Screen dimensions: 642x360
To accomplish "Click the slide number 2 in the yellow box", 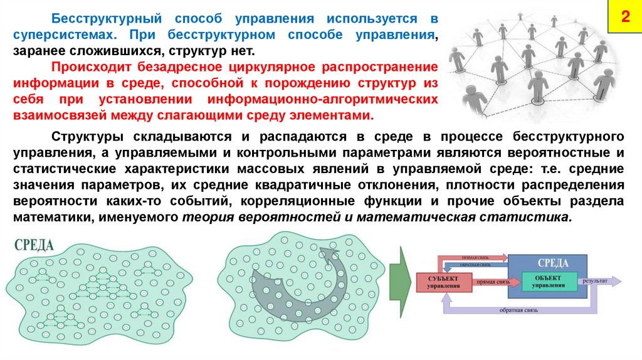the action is coord(624,18).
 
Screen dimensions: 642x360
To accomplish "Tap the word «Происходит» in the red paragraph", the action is coord(85,66).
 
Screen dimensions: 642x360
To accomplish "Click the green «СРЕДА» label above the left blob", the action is coord(34,245).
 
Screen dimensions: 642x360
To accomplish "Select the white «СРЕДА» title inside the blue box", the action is coord(553,263).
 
